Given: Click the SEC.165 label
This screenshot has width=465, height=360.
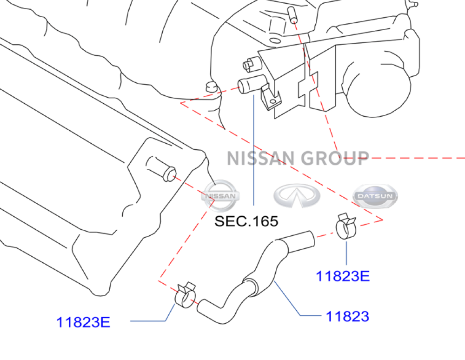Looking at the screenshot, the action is pos(246,221).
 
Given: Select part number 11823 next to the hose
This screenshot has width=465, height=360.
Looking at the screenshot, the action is pos(347,316).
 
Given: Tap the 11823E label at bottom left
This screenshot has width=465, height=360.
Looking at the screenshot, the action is pos(83,322).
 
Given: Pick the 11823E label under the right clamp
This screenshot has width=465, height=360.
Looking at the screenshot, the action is pos(343,276).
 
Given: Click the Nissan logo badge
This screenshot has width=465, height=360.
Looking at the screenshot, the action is pos(220,196).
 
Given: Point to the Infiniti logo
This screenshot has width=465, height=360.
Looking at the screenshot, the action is pos(297,196).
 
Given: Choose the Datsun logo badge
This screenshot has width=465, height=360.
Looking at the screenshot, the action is pos(375,196).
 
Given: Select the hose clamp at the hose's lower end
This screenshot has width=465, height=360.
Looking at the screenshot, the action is pos(185,295).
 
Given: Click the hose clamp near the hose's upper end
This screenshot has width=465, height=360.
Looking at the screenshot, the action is pos(345,226).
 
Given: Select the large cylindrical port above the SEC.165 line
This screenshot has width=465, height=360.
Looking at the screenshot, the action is pos(252,84).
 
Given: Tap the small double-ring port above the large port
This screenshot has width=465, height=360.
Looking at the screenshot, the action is pos(251,64).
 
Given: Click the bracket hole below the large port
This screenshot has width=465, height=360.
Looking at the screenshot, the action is pos(273,102).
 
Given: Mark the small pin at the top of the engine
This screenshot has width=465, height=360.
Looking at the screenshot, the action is pos(292,14).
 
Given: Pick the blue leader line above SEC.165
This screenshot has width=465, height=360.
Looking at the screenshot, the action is pos(253,150).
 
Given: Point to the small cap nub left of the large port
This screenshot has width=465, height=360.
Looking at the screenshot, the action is pos(212,87).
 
